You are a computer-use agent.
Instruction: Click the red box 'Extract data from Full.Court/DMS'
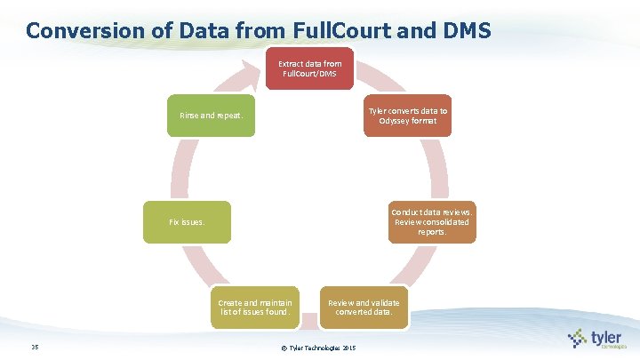pos(309,69)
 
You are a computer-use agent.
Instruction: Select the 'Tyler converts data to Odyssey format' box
pos(407,116)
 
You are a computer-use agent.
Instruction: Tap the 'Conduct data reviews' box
pos(432,222)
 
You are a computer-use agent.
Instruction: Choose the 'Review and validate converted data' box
pos(364,307)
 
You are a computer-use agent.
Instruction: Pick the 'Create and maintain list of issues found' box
pos(254,307)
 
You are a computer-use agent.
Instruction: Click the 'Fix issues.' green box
pos(187,222)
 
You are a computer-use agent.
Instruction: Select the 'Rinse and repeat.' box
pos(211,116)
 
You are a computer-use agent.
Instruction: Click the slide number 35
pos(34,347)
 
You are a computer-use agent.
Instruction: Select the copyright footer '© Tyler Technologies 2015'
pos(318,347)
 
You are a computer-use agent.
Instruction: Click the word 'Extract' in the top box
pos(291,64)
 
